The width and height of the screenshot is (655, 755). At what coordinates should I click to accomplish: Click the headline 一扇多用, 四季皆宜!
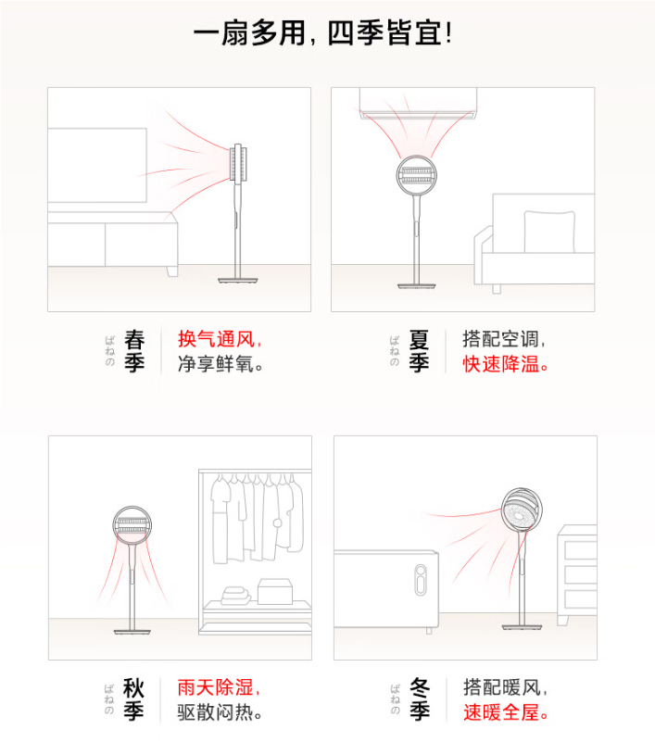point(322,33)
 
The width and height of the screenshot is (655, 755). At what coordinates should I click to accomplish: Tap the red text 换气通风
point(216,339)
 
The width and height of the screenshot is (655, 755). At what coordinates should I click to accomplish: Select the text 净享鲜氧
point(215,364)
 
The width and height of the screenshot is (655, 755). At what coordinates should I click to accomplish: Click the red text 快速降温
point(501,364)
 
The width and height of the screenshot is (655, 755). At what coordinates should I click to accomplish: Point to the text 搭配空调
point(501,339)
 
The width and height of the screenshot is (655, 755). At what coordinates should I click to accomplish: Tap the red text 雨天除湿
point(215,687)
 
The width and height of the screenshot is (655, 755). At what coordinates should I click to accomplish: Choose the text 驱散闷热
point(215,712)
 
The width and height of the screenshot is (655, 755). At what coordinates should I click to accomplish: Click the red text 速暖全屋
point(501,712)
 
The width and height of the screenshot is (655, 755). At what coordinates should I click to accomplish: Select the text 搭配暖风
point(502,687)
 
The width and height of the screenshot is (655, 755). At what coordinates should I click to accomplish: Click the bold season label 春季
point(134,351)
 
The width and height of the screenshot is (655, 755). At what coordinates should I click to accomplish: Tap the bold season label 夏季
point(419,351)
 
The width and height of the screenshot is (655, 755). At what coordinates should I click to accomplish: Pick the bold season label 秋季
point(134,699)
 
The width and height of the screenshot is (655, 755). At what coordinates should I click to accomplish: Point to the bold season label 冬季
point(420,699)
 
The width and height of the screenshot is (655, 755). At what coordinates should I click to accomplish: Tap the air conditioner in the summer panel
point(418,103)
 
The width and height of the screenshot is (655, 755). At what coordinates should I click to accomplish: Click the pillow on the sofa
point(549,232)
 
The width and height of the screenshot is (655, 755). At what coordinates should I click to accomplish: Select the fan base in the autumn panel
point(132,632)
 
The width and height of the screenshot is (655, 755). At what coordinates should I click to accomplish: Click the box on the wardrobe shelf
point(275,591)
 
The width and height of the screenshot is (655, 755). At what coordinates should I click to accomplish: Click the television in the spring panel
point(97,165)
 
